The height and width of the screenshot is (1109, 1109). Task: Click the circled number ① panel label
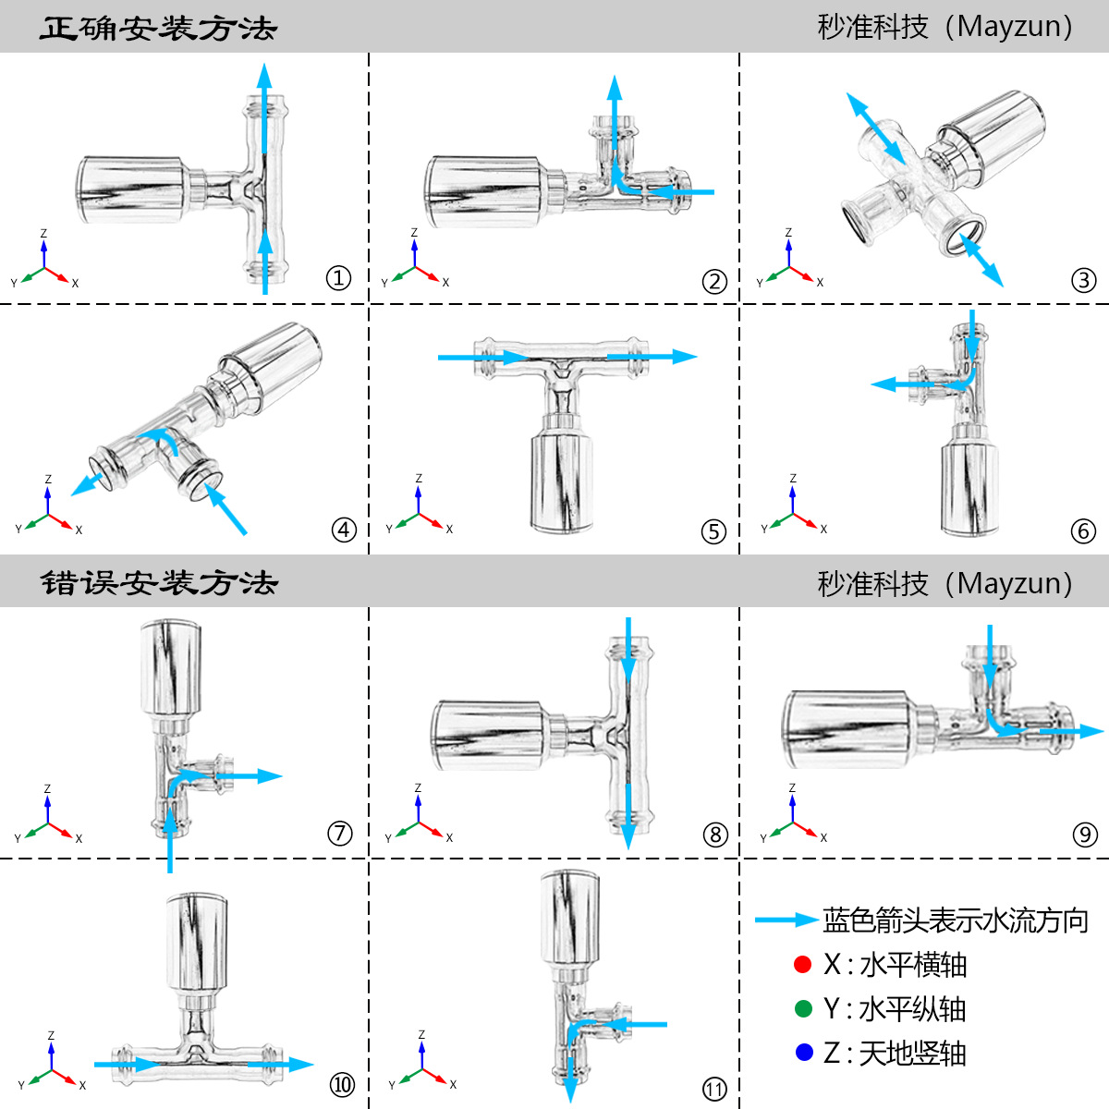(x=339, y=277)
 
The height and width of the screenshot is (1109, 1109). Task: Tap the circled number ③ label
(x=1084, y=279)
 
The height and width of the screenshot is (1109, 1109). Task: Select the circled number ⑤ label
(x=713, y=531)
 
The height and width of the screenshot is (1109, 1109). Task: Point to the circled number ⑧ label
(x=715, y=835)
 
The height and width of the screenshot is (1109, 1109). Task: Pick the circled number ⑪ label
(x=714, y=1089)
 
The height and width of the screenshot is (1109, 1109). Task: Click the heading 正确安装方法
(x=158, y=28)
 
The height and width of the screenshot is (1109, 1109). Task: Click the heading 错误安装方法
(x=158, y=583)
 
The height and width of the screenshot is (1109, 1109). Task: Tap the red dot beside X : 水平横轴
(x=802, y=965)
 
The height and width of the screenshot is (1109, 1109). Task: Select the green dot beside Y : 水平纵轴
(x=803, y=1008)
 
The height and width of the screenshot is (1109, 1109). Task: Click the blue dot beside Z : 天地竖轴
(x=803, y=1053)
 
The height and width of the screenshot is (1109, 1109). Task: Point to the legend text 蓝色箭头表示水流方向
(x=956, y=920)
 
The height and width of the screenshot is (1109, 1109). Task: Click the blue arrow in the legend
(x=786, y=920)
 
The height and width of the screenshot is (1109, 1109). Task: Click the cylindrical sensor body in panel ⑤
(x=561, y=481)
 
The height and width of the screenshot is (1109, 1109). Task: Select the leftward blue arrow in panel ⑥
(x=910, y=384)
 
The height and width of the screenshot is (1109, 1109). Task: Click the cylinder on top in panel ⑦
(x=171, y=667)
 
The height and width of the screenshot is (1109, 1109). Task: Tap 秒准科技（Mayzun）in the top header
(x=945, y=27)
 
